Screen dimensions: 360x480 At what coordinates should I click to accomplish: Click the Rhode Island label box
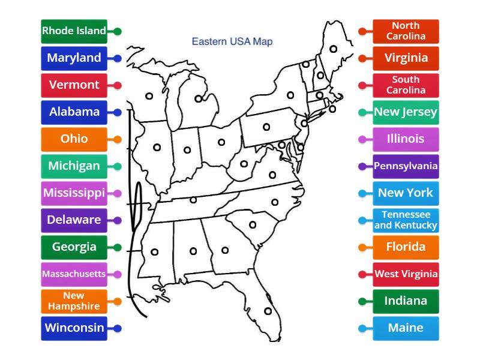click(74, 31)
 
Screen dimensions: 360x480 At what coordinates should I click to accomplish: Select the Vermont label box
click(74, 85)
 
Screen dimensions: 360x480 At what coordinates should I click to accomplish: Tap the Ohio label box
click(74, 139)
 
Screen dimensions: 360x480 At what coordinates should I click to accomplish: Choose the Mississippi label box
click(74, 193)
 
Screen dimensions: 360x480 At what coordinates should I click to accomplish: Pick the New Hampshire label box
click(74, 301)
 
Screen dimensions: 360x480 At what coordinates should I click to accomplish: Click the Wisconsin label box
click(74, 328)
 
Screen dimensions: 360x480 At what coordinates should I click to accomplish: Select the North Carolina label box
click(406, 31)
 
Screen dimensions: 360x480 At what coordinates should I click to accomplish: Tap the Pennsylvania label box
click(406, 166)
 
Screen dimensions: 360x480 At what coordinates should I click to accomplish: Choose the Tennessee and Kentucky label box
click(406, 220)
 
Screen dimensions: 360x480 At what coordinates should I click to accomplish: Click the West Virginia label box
click(406, 274)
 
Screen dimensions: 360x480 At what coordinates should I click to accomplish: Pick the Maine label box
click(406, 328)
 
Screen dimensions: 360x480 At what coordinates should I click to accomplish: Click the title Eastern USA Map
click(232, 42)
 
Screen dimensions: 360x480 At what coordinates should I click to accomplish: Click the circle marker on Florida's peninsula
click(268, 311)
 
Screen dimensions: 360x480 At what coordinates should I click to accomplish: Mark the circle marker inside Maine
click(332, 49)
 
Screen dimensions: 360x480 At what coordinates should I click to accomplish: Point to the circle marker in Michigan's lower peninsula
click(199, 99)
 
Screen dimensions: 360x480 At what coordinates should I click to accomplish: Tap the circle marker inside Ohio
click(221, 142)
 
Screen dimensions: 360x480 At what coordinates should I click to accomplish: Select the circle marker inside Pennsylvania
click(266, 127)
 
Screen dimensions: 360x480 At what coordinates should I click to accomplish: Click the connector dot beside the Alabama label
click(118, 112)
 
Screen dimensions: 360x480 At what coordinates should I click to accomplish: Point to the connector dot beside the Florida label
click(362, 247)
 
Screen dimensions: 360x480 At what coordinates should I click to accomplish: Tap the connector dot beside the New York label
click(362, 193)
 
